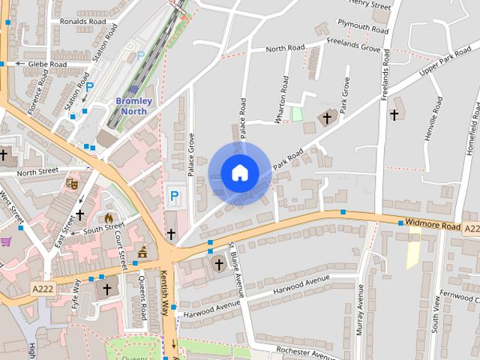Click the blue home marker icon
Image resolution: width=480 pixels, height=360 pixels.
coord(239,173)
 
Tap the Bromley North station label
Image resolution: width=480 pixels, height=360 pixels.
coord(134,106)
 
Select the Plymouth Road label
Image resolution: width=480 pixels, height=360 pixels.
coord(363,27)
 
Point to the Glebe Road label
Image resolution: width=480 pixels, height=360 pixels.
coord(47,64)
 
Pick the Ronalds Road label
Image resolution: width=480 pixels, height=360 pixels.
coord(84,21)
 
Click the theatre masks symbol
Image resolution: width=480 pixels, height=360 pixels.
coord(73,182)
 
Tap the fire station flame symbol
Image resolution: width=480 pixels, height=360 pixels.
coord(109,218)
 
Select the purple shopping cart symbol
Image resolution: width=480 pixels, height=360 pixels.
coord(6,241)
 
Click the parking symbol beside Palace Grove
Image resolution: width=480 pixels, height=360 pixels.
coord(175,196)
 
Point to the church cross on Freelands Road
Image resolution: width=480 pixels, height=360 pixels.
coord(394,115)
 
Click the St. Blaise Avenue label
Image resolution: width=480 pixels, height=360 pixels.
coord(237,270)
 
